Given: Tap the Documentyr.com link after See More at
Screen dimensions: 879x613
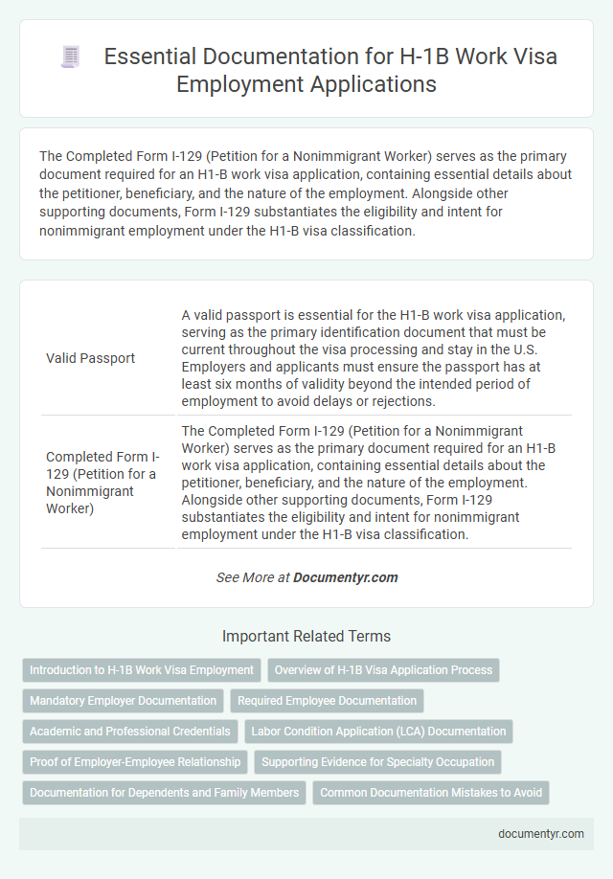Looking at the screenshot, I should (346, 577).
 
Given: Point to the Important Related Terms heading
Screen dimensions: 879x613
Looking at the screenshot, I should (306, 636).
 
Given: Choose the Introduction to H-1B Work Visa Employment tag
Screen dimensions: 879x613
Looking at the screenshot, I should (142, 669).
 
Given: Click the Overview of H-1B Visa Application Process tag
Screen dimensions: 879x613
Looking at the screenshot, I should (383, 669).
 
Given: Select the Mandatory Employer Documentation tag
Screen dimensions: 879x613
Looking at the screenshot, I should (124, 700).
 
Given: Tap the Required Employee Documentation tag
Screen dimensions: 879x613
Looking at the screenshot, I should (327, 700).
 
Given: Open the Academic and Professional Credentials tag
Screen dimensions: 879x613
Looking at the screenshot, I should (129, 731).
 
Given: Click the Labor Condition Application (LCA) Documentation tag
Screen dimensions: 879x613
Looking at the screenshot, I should (378, 731).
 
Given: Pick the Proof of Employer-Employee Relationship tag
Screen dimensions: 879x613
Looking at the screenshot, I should (135, 761).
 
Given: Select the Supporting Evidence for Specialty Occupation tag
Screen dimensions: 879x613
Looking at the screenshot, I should (377, 761).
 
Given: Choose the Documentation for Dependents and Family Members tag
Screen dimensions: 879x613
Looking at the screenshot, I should (162, 792).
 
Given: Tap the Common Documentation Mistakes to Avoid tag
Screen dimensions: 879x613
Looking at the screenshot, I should (431, 792).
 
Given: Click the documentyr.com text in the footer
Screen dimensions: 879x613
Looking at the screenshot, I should (541, 833).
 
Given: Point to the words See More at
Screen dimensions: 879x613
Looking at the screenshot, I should (253, 577).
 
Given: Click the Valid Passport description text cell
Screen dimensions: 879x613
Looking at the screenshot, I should (374, 358).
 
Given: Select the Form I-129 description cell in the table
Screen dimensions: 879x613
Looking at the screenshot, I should (374, 482).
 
